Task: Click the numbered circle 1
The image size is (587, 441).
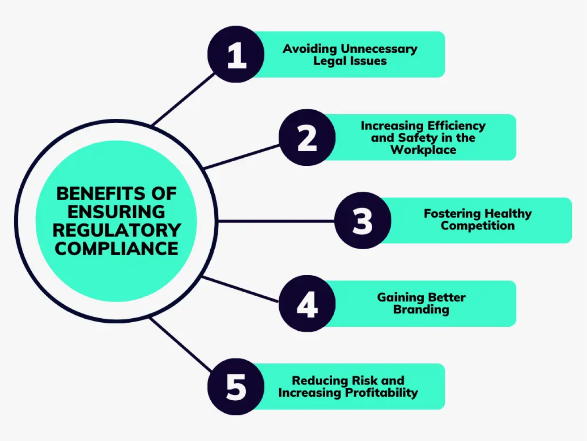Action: pos(236,55)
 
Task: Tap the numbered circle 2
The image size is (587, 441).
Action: pos(307,138)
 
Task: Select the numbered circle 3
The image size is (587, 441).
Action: pos(362,220)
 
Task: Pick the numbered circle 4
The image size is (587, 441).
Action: pos(307,304)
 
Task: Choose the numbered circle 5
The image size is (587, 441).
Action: pos(236,386)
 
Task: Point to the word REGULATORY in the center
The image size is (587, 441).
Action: pos(116,230)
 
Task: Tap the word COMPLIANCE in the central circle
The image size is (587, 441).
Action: pos(116,248)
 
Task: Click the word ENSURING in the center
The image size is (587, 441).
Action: pos(116,212)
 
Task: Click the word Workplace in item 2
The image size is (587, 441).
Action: pos(423,150)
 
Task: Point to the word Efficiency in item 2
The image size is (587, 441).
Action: pos(456,125)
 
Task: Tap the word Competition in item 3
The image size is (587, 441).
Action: pos(477,226)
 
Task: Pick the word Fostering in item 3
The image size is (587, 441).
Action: pos(452,214)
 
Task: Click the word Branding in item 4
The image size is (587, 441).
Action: pos(421,310)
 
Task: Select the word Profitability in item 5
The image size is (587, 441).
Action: pos(382,393)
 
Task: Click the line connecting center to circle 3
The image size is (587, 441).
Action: pos(275,221)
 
